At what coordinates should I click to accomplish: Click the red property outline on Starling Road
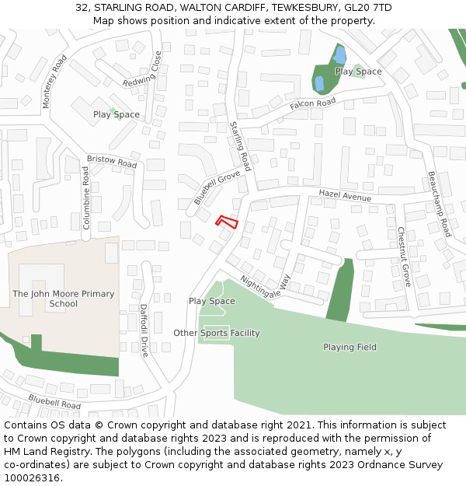point(226,222)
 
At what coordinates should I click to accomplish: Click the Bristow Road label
point(111,162)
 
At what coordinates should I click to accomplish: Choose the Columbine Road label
point(86,200)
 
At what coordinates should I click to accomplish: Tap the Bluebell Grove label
point(217,188)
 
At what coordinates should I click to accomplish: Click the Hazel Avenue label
point(345,194)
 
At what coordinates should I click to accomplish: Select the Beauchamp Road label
point(440,204)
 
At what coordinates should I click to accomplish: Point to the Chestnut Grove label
point(404,257)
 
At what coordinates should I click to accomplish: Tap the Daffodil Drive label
point(144,330)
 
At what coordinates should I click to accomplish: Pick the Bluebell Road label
point(54,401)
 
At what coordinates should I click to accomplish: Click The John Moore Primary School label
point(63,299)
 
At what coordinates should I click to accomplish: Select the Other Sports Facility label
point(216,333)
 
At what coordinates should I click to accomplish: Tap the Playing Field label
point(350,347)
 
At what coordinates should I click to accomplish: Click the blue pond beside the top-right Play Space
point(339,55)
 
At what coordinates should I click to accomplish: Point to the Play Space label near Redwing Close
point(116,114)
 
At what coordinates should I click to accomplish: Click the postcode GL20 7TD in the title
point(367,8)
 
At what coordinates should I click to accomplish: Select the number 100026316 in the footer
point(32,477)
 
